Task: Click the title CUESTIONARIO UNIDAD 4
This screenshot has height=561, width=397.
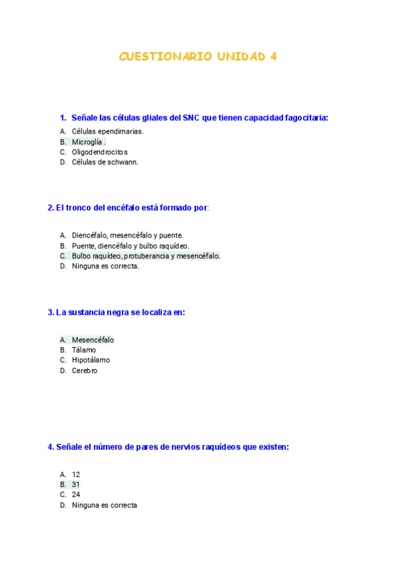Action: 198,57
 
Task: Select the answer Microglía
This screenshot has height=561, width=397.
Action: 87,142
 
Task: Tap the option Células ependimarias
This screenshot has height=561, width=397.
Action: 107,131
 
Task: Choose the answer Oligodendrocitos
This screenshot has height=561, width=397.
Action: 99,152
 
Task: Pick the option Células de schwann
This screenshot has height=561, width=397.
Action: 105,162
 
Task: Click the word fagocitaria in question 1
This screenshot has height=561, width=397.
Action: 306,118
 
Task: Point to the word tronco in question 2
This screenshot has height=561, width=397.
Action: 78,208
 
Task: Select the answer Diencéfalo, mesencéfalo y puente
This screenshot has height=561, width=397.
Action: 127,235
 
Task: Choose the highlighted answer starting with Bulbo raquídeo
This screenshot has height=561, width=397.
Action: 146,256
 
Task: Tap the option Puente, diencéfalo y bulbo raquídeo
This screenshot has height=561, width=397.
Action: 130,245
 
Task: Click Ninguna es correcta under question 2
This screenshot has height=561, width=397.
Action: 105,266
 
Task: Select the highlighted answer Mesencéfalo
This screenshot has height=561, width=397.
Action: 93,340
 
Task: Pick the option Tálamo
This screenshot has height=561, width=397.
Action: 84,350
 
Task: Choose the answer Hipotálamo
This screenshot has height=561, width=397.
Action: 91,360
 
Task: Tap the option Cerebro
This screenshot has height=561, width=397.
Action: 85,370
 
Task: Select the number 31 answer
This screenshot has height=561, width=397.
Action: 75,484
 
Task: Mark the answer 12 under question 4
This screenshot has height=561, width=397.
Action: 75,474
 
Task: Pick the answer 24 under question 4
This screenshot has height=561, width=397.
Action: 75,494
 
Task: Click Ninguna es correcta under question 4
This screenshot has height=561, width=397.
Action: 105,505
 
